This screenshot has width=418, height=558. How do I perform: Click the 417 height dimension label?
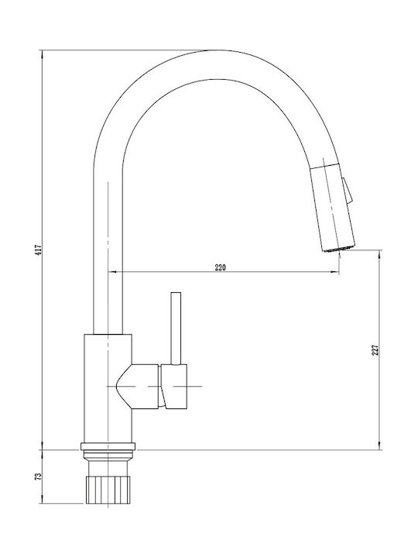click(39, 249)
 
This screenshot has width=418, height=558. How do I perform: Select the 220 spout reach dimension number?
click(220, 267)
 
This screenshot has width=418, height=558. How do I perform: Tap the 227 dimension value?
click(376, 350)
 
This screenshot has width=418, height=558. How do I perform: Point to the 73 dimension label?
click(39, 476)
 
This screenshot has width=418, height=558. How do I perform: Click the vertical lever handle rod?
click(176, 329)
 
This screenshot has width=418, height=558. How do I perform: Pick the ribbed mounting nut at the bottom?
click(108, 490)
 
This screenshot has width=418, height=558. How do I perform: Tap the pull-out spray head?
click(332, 208)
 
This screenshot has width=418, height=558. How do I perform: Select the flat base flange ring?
click(108, 446)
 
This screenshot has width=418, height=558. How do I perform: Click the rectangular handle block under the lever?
click(174, 387)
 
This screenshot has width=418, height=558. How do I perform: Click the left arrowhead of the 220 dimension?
click(112, 272)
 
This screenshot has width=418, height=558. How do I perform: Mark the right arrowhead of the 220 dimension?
click(335, 272)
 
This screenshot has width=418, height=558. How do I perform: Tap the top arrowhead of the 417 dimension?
click(43, 54)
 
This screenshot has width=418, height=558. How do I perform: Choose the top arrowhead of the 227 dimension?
click(379, 254)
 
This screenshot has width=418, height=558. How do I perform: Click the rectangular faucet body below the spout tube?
click(108, 388)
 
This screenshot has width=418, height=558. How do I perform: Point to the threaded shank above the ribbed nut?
click(108, 463)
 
